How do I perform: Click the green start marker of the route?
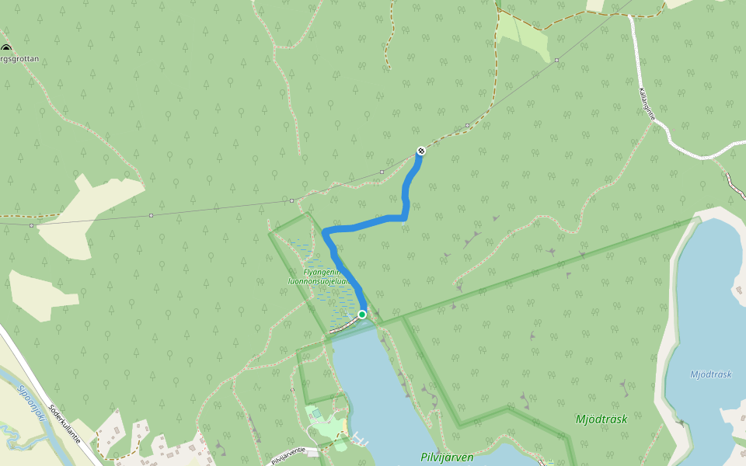362,315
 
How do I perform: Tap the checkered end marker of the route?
420,150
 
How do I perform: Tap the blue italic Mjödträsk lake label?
711,374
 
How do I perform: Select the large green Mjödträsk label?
601,419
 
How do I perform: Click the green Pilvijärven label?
447,457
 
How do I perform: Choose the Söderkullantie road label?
64,423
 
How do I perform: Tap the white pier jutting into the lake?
359,440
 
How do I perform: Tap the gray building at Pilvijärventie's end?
312,450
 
